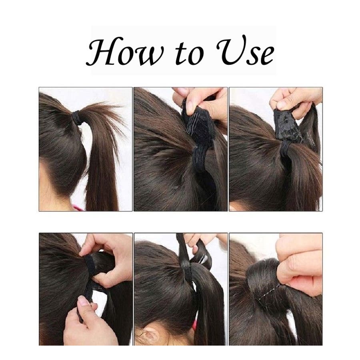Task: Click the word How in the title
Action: (125, 52)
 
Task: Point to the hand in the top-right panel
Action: (295, 101)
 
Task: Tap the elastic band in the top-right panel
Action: (285, 148)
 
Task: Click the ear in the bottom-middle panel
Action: (150, 336)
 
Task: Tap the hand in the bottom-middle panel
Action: (202, 243)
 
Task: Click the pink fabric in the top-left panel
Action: (78, 208)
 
